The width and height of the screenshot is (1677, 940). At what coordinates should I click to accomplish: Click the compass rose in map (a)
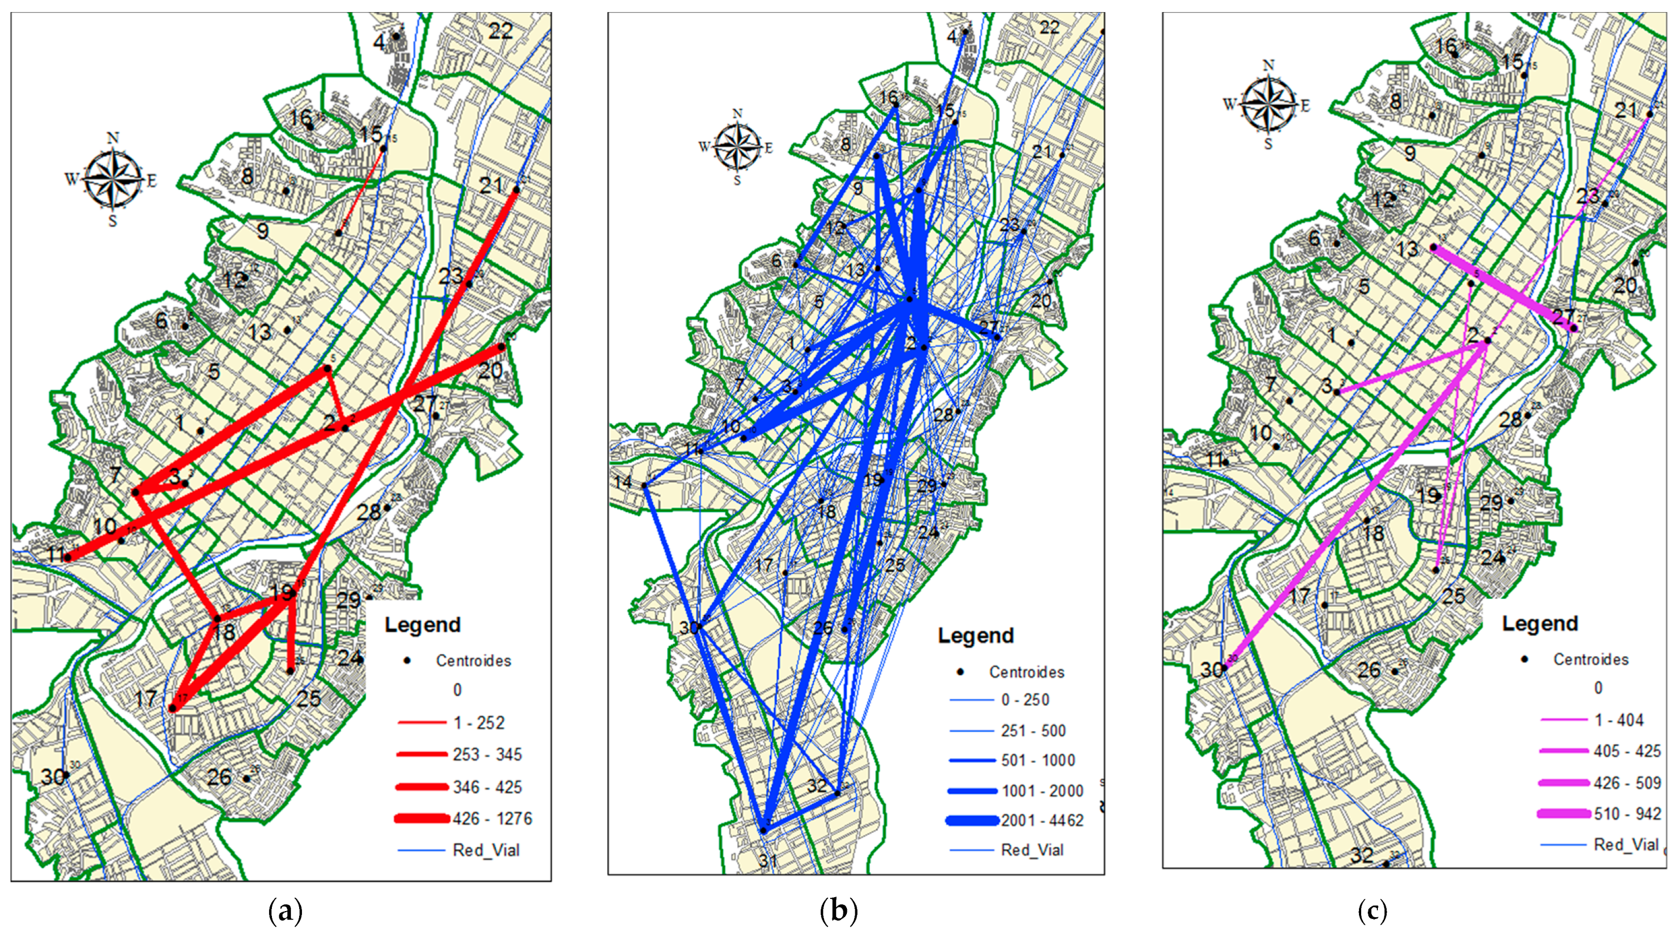[x=113, y=179]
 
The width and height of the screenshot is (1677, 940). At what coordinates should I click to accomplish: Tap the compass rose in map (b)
[x=737, y=147]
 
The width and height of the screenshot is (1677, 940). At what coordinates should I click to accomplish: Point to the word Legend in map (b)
[x=975, y=636]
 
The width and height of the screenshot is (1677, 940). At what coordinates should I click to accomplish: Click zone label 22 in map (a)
[x=500, y=31]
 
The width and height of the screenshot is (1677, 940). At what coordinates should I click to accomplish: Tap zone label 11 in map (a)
[x=56, y=555]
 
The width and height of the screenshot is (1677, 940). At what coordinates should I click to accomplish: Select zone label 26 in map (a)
[x=219, y=776]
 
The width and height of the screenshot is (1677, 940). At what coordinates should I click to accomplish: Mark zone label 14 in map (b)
[x=623, y=482]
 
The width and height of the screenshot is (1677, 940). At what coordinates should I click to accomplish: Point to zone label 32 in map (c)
[x=1361, y=854]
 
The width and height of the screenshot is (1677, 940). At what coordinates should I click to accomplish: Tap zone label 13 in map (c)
[x=1407, y=249]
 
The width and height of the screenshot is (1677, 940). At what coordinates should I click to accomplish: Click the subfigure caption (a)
[x=285, y=912]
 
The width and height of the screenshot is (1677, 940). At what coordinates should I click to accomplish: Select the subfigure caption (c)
[x=1372, y=912]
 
